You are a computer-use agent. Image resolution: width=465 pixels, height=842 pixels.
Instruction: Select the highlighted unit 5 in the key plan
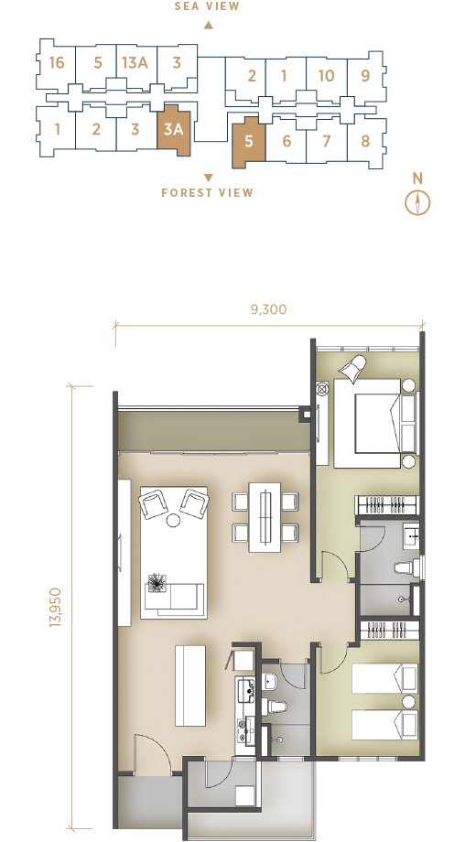click(x=248, y=142)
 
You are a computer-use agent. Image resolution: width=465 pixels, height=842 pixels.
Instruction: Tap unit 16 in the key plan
click(x=56, y=63)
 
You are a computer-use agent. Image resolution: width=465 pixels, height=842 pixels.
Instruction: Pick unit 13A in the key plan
click(x=135, y=63)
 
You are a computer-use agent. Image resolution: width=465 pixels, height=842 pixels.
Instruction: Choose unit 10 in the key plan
click(x=326, y=76)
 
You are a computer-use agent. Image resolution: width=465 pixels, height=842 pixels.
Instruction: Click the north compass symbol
click(x=417, y=203)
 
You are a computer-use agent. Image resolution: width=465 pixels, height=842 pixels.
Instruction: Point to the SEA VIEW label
click(x=207, y=6)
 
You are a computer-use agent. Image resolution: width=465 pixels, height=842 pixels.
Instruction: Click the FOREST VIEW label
click(x=207, y=192)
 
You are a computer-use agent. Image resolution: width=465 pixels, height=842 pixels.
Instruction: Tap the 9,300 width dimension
click(x=268, y=309)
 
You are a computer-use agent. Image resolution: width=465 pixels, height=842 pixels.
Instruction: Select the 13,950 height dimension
click(x=57, y=608)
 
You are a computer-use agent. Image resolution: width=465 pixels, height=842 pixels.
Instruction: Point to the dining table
click(x=265, y=517)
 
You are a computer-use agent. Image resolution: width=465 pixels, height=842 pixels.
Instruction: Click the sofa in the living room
click(x=175, y=598)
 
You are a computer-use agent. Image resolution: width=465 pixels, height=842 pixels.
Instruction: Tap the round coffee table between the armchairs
click(x=173, y=521)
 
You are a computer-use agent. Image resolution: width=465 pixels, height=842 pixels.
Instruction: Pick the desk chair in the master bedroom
click(x=352, y=368)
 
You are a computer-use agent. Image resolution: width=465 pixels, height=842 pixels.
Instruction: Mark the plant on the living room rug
click(x=157, y=582)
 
